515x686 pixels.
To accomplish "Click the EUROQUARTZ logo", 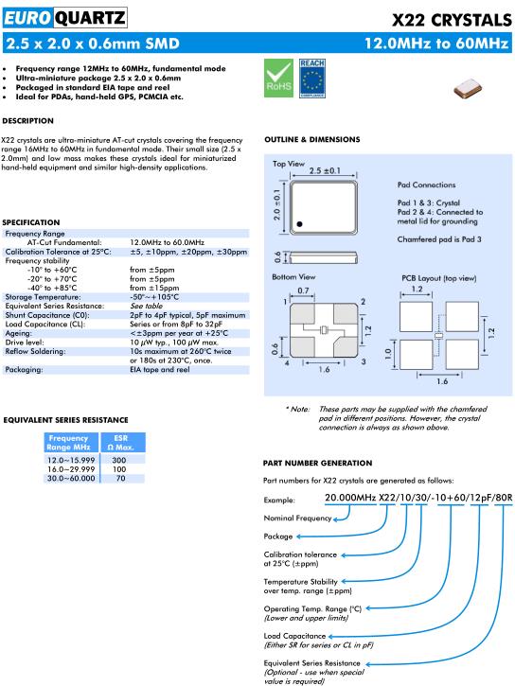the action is (x=64, y=18).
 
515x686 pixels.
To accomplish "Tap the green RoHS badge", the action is (x=278, y=79).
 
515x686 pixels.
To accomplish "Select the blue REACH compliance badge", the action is (x=312, y=79).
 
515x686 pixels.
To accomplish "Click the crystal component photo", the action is (x=468, y=88).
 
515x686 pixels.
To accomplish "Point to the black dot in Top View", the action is (x=300, y=224).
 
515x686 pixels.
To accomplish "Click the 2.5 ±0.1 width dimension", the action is (x=325, y=170).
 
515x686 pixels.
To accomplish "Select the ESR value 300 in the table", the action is (x=119, y=460).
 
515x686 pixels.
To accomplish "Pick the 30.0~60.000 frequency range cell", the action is (x=71, y=478).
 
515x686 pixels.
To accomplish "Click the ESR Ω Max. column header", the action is (x=121, y=442).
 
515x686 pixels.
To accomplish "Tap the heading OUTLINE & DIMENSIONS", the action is (x=312, y=139).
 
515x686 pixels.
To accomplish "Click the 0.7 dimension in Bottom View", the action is (x=303, y=290).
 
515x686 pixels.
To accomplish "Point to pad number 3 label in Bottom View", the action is (x=364, y=361).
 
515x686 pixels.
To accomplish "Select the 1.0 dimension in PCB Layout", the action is (x=388, y=354).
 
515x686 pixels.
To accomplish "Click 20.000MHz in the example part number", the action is (x=350, y=498).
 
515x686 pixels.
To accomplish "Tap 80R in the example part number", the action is (x=504, y=498).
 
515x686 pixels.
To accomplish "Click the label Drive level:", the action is (x=25, y=343).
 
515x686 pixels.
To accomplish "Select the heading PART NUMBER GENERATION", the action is (x=318, y=463).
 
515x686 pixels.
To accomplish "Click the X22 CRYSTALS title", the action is (x=452, y=20).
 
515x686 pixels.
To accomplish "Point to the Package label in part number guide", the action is (x=277, y=536).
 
